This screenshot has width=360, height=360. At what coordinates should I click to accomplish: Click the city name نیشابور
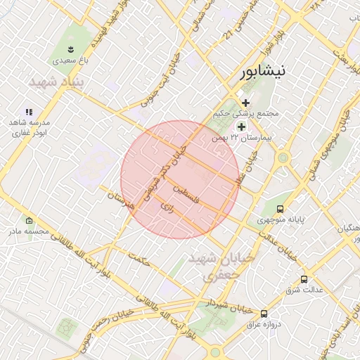click(x=264, y=72)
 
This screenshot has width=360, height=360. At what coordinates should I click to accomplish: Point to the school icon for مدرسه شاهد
click(x=29, y=112)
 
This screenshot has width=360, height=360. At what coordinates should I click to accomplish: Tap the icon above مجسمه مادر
click(x=28, y=220)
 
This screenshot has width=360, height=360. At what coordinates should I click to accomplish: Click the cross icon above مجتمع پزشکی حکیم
click(x=245, y=103)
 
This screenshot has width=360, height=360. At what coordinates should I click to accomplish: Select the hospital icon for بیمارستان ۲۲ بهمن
click(x=241, y=127)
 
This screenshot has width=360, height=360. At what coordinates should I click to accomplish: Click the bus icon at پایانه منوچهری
click(x=281, y=209)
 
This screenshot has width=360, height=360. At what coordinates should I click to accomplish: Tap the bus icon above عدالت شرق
click(x=304, y=279)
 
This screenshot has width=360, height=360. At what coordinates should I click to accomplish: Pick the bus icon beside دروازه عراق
click(x=264, y=314)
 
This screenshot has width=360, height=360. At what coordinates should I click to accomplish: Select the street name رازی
click(x=166, y=207)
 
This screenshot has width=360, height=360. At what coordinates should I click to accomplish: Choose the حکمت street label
click(x=141, y=262)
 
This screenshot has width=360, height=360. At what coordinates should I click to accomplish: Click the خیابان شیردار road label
click(x=228, y=305)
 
